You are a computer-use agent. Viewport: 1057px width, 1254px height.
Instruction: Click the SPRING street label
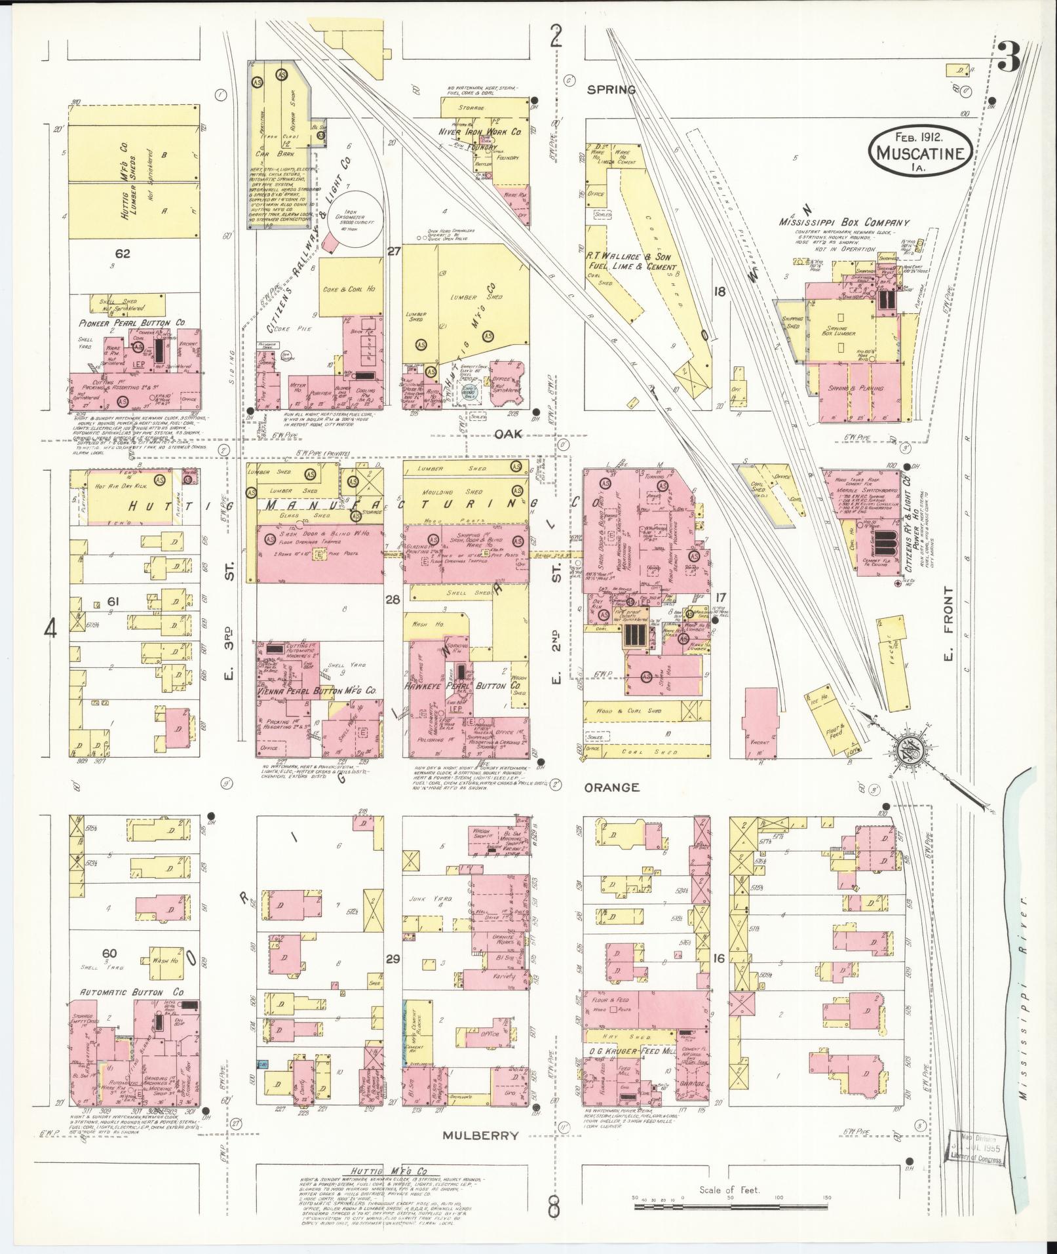611,90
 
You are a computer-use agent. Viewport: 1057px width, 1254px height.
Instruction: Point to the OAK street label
507,434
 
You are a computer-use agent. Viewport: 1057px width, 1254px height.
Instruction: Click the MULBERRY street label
480,1135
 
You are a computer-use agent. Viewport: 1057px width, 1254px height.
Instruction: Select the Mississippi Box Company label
835,223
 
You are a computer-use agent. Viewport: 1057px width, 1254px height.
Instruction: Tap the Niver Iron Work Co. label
480,132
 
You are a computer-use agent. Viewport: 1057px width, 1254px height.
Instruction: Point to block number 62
123,253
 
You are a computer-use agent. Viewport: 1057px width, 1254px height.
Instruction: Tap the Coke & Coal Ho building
351,290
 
